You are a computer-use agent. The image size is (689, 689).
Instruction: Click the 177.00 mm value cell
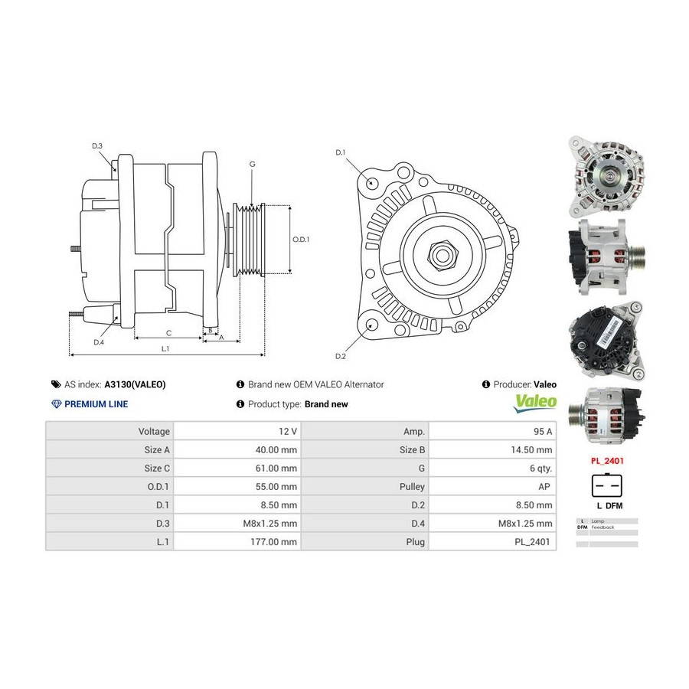(x=237, y=541)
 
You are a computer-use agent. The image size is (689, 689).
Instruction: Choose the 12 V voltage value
(x=237, y=431)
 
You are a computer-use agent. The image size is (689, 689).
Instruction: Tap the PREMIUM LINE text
(x=96, y=404)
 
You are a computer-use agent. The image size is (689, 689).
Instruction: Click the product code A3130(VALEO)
(x=135, y=384)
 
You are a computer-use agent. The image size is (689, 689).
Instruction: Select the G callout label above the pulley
(x=252, y=165)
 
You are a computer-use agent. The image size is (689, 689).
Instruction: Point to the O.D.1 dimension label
(x=301, y=239)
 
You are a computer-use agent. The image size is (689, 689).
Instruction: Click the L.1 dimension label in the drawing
(x=165, y=348)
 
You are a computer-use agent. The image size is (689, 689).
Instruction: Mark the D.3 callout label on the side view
(x=97, y=145)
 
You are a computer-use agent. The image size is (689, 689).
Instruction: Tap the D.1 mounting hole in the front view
(x=372, y=182)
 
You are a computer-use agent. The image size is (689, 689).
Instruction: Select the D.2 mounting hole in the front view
(x=372, y=325)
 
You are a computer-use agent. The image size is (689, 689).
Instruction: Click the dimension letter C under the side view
(x=168, y=332)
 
